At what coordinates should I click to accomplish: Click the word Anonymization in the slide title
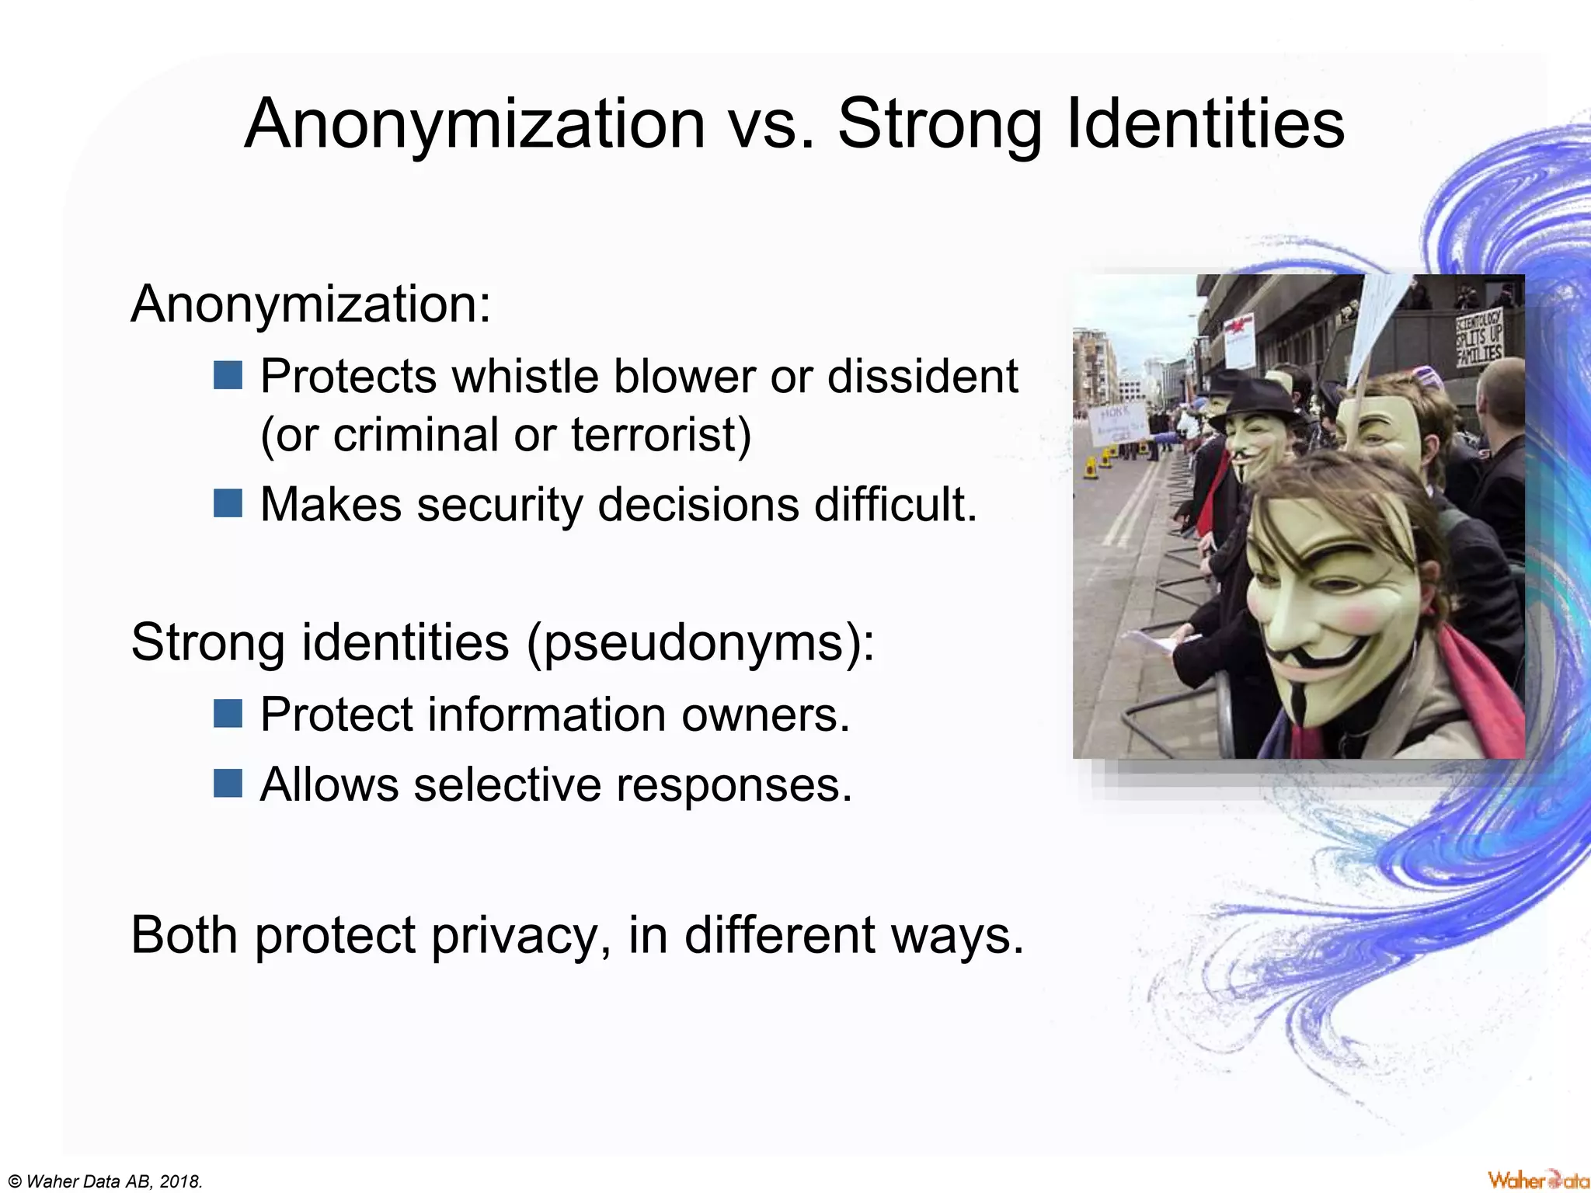(x=475, y=124)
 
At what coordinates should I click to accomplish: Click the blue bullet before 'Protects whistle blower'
(x=228, y=375)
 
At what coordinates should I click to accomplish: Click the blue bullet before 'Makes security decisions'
(x=228, y=503)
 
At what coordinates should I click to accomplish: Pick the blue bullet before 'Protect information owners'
(x=228, y=713)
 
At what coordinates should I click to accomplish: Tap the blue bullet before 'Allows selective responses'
(x=228, y=783)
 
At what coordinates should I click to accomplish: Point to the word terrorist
(x=660, y=434)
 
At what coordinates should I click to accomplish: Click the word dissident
(x=922, y=377)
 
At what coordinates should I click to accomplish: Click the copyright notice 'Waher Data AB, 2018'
(x=106, y=1181)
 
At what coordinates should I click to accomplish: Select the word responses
(x=734, y=784)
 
